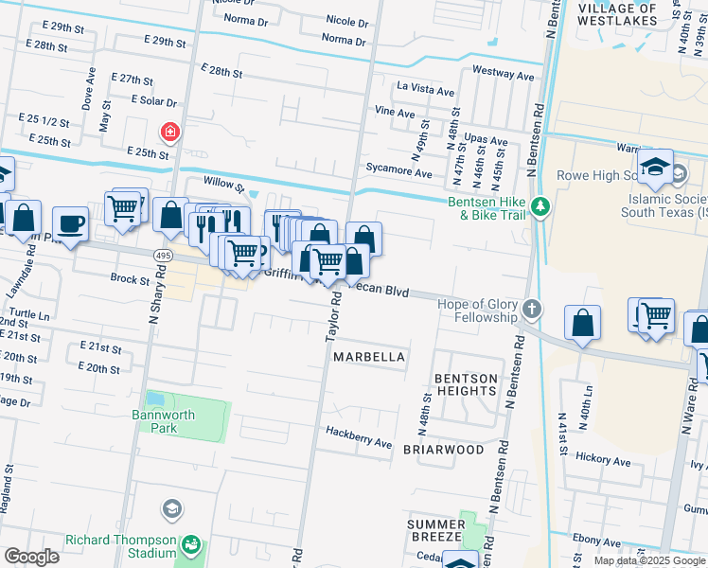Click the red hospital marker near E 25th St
point(170,132)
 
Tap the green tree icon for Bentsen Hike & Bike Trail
point(540,205)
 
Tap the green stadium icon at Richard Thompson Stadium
point(192,545)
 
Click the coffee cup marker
point(70,223)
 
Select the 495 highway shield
point(162,255)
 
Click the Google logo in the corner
point(31,557)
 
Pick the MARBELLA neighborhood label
point(369,357)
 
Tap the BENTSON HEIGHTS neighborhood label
point(466,385)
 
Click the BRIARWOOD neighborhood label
point(444,450)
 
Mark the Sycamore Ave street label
point(399,173)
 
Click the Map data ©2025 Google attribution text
point(649,560)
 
